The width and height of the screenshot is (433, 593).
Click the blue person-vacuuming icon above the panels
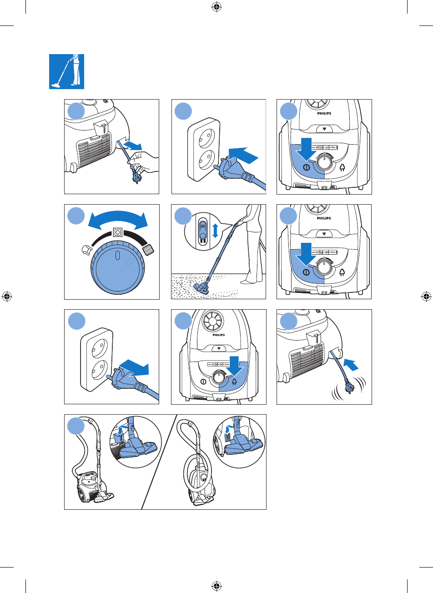pyautogui.click(x=66, y=71)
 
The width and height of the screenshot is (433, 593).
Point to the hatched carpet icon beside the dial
pyautogui.click(x=149, y=250)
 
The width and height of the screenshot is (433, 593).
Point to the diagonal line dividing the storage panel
pyautogui.click(x=159, y=462)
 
